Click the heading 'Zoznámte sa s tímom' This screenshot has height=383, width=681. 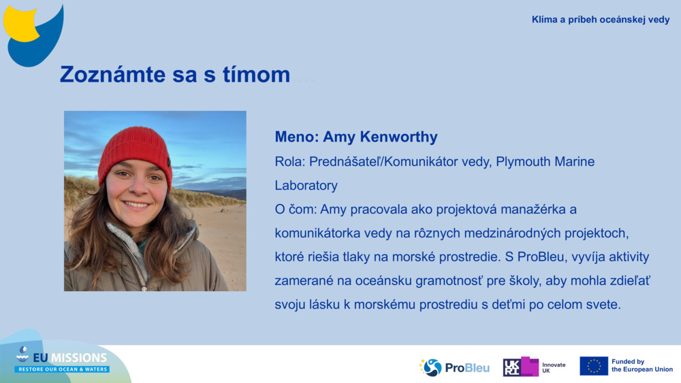(x=175, y=74)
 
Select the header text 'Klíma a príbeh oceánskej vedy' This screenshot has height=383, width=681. (x=601, y=20)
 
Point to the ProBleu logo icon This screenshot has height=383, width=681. (x=432, y=367)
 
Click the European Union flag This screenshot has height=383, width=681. (x=593, y=366)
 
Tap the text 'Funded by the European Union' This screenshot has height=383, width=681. (x=642, y=366)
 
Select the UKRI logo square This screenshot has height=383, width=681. (x=520, y=367)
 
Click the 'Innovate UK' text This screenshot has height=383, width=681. (x=554, y=367)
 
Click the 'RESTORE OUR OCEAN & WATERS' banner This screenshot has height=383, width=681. (x=62, y=369)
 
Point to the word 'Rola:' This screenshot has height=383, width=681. (x=290, y=162)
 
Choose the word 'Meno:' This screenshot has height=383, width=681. (x=296, y=137)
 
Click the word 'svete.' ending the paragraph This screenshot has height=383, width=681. (x=603, y=304)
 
